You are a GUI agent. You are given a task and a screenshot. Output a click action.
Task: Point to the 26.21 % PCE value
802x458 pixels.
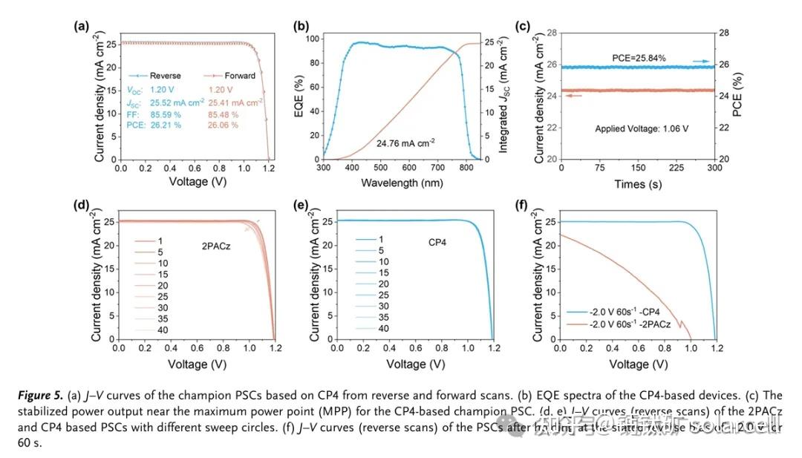[x=161, y=125]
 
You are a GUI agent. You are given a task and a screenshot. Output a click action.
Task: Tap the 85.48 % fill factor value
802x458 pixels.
[x=223, y=114]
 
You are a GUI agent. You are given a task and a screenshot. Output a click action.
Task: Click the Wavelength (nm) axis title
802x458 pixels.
[x=401, y=183]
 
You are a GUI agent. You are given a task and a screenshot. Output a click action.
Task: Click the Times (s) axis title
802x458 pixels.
[x=636, y=183]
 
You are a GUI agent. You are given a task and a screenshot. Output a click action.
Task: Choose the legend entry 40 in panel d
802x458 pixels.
[x=162, y=329]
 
